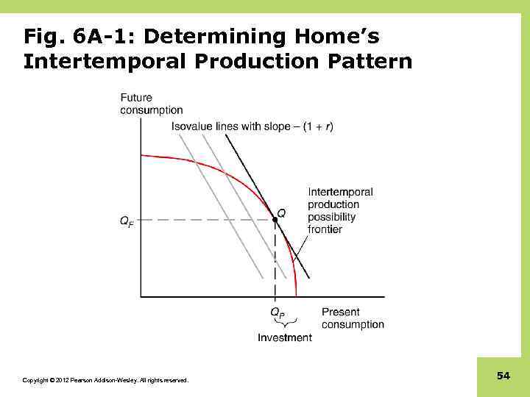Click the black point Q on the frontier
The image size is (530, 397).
pyautogui.click(x=275, y=219)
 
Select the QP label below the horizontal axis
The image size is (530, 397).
pyautogui.click(x=276, y=312)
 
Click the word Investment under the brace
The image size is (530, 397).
pyautogui.click(x=284, y=337)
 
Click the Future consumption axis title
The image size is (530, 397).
pyautogui.click(x=151, y=104)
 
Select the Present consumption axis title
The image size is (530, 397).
pyautogui.click(x=353, y=318)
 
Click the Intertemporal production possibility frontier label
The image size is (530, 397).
pyautogui.click(x=339, y=210)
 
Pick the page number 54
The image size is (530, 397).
pyautogui.click(x=504, y=376)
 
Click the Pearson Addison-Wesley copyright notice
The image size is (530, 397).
pyautogui.click(x=105, y=380)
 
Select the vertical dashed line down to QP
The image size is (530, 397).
pyautogui.click(x=275, y=261)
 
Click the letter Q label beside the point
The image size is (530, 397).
pyautogui.click(x=281, y=212)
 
